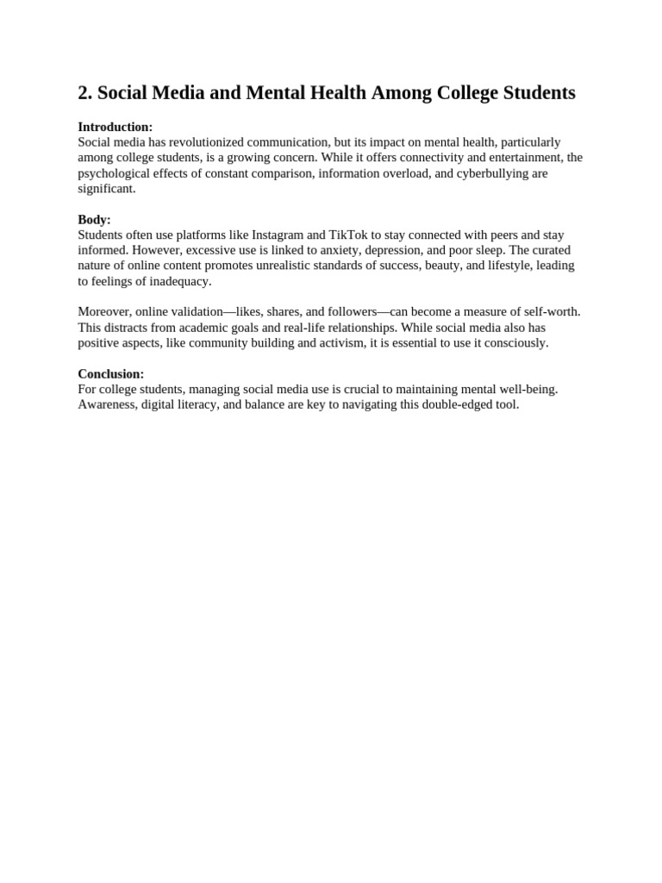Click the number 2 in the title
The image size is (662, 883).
[x=84, y=93]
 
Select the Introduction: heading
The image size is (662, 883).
[x=115, y=127]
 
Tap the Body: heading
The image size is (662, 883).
[x=94, y=219]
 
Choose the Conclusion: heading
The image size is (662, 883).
[x=110, y=373]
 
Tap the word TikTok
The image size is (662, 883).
[x=348, y=235]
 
